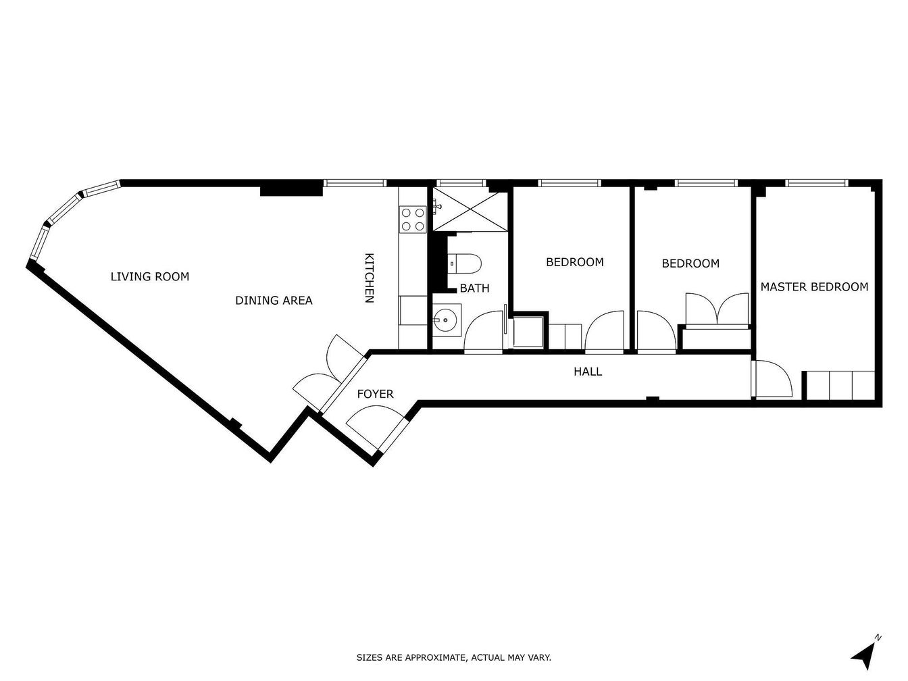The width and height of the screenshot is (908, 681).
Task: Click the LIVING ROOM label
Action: (x=150, y=276)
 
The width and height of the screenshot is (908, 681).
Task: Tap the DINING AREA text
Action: (x=274, y=301)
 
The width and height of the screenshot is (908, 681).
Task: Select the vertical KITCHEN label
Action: (x=369, y=278)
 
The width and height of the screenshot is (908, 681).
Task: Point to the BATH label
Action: (x=474, y=288)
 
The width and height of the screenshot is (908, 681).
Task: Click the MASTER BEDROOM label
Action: (x=814, y=287)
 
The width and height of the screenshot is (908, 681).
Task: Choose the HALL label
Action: (x=588, y=372)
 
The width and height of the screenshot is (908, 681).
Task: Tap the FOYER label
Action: (x=375, y=394)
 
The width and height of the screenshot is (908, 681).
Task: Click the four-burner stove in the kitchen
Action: (x=412, y=219)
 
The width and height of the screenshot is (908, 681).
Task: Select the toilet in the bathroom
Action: (x=465, y=263)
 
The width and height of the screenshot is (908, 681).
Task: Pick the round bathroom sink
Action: (x=447, y=320)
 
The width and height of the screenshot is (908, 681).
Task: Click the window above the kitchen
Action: (x=355, y=183)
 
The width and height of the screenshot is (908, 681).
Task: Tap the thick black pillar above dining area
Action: (x=291, y=191)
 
